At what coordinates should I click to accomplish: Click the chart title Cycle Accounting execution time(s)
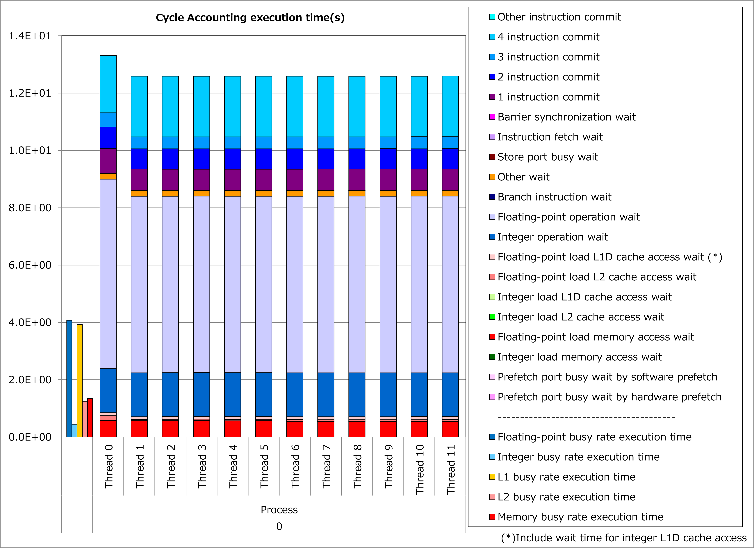(250, 18)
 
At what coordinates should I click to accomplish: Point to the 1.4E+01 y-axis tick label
(30, 36)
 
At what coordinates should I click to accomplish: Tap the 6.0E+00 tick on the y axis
(30, 265)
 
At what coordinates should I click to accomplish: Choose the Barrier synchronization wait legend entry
(566, 117)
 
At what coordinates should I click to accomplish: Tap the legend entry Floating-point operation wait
(568, 217)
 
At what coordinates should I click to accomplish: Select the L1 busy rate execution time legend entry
(566, 477)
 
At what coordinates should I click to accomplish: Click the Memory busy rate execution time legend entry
(580, 517)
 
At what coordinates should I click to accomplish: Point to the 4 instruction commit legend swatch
(492, 37)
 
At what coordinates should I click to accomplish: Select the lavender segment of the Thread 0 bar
(108, 273)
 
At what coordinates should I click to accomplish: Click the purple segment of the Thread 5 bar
(264, 180)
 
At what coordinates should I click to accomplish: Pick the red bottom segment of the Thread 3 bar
(202, 429)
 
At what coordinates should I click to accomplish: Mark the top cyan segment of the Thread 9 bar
(388, 106)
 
